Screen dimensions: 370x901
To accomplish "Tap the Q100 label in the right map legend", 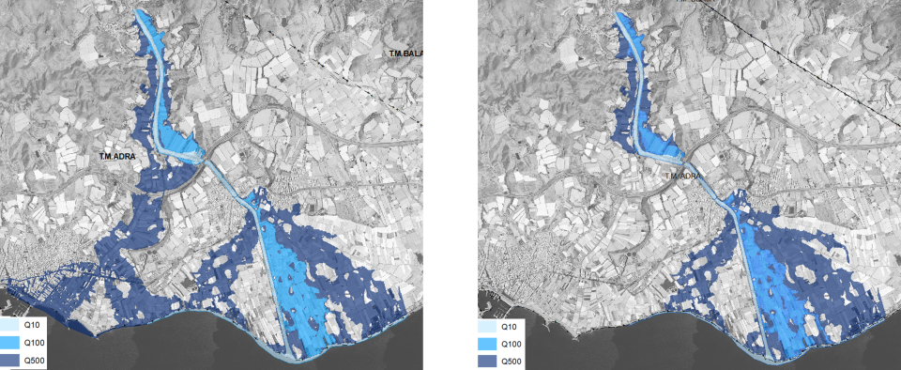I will coord(512,344).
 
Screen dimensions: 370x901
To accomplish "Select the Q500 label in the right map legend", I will coord(512,361).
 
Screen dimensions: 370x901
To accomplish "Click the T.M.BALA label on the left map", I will coord(405,54).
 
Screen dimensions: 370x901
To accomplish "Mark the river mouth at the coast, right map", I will coord(771,358).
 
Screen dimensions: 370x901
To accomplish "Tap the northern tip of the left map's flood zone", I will coord(141,12).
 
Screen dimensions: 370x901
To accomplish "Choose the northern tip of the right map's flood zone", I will coord(618,15).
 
